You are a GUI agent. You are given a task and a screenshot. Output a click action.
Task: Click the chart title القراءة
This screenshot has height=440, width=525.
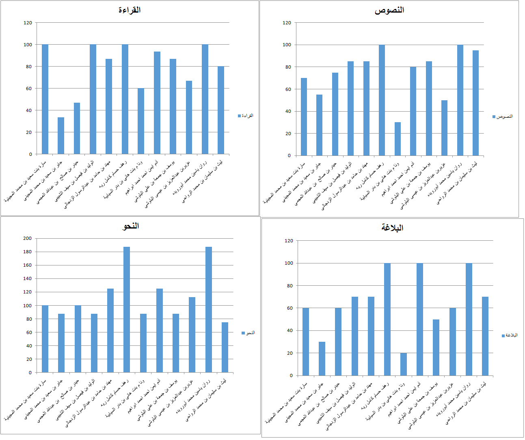click(x=130, y=10)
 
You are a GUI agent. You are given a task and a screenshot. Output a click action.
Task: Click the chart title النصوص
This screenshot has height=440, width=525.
click(x=389, y=11)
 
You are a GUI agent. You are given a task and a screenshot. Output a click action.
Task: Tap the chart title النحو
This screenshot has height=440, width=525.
click(x=131, y=226)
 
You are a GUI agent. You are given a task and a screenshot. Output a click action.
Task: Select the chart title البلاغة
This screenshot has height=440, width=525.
click(x=392, y=228)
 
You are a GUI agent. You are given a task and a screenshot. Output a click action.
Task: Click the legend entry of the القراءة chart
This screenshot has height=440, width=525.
click(x=246, y=116)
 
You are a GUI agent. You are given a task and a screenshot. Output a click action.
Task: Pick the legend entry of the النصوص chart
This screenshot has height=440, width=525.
click(x=503, y=116)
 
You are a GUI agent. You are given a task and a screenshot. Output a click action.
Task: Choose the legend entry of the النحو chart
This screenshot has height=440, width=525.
click(x=248, y=333)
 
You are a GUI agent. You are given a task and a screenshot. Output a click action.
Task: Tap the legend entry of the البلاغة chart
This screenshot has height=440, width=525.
click(x=510, y=335)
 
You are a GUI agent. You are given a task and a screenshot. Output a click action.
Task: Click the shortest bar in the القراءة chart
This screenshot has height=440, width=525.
click(x=61, y=136)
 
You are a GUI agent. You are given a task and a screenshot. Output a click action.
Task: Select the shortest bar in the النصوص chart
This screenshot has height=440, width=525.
click(x=398, y=139)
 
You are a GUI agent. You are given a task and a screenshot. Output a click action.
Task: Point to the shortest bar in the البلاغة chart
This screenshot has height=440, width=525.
click(x=404, y=364)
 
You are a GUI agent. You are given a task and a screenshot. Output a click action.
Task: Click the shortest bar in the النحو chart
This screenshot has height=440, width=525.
click(x=225, y=347)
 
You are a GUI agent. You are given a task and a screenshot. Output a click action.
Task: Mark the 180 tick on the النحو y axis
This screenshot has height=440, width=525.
click(x=28, y=252)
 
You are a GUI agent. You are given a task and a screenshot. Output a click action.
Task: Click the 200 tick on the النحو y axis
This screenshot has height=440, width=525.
click(x=28, y=238)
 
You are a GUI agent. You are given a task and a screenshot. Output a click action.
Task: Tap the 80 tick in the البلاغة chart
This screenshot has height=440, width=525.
click(x=289, y=286)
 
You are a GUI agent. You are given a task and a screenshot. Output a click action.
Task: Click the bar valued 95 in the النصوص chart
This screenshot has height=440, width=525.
click(x=475, y=103)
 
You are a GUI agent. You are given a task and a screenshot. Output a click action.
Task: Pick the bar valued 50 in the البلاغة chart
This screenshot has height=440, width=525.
click(x=436, y=347)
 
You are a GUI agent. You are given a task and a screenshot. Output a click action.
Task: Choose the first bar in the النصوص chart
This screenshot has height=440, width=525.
click(x=304, y=117)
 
